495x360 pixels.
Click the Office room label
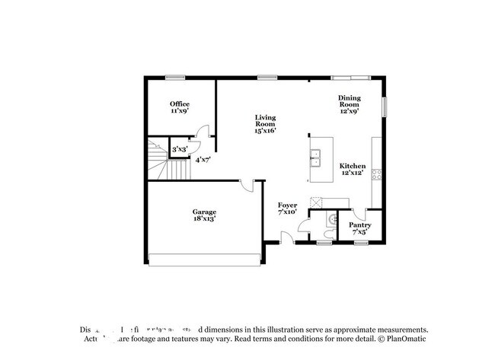[179, 107]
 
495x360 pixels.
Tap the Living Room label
[265, 123]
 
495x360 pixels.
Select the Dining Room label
[350, 104]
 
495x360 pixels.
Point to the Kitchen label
[353, 170]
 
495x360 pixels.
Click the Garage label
[203, 215]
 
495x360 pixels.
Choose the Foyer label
[287, 209]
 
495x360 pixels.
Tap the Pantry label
[359, 228]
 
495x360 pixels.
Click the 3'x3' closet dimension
[179, 150]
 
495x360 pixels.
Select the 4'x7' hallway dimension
[203, 160]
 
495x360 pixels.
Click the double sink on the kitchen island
[315, 158]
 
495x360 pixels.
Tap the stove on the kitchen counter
[376, 174]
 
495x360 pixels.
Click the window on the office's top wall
[177, 76]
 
